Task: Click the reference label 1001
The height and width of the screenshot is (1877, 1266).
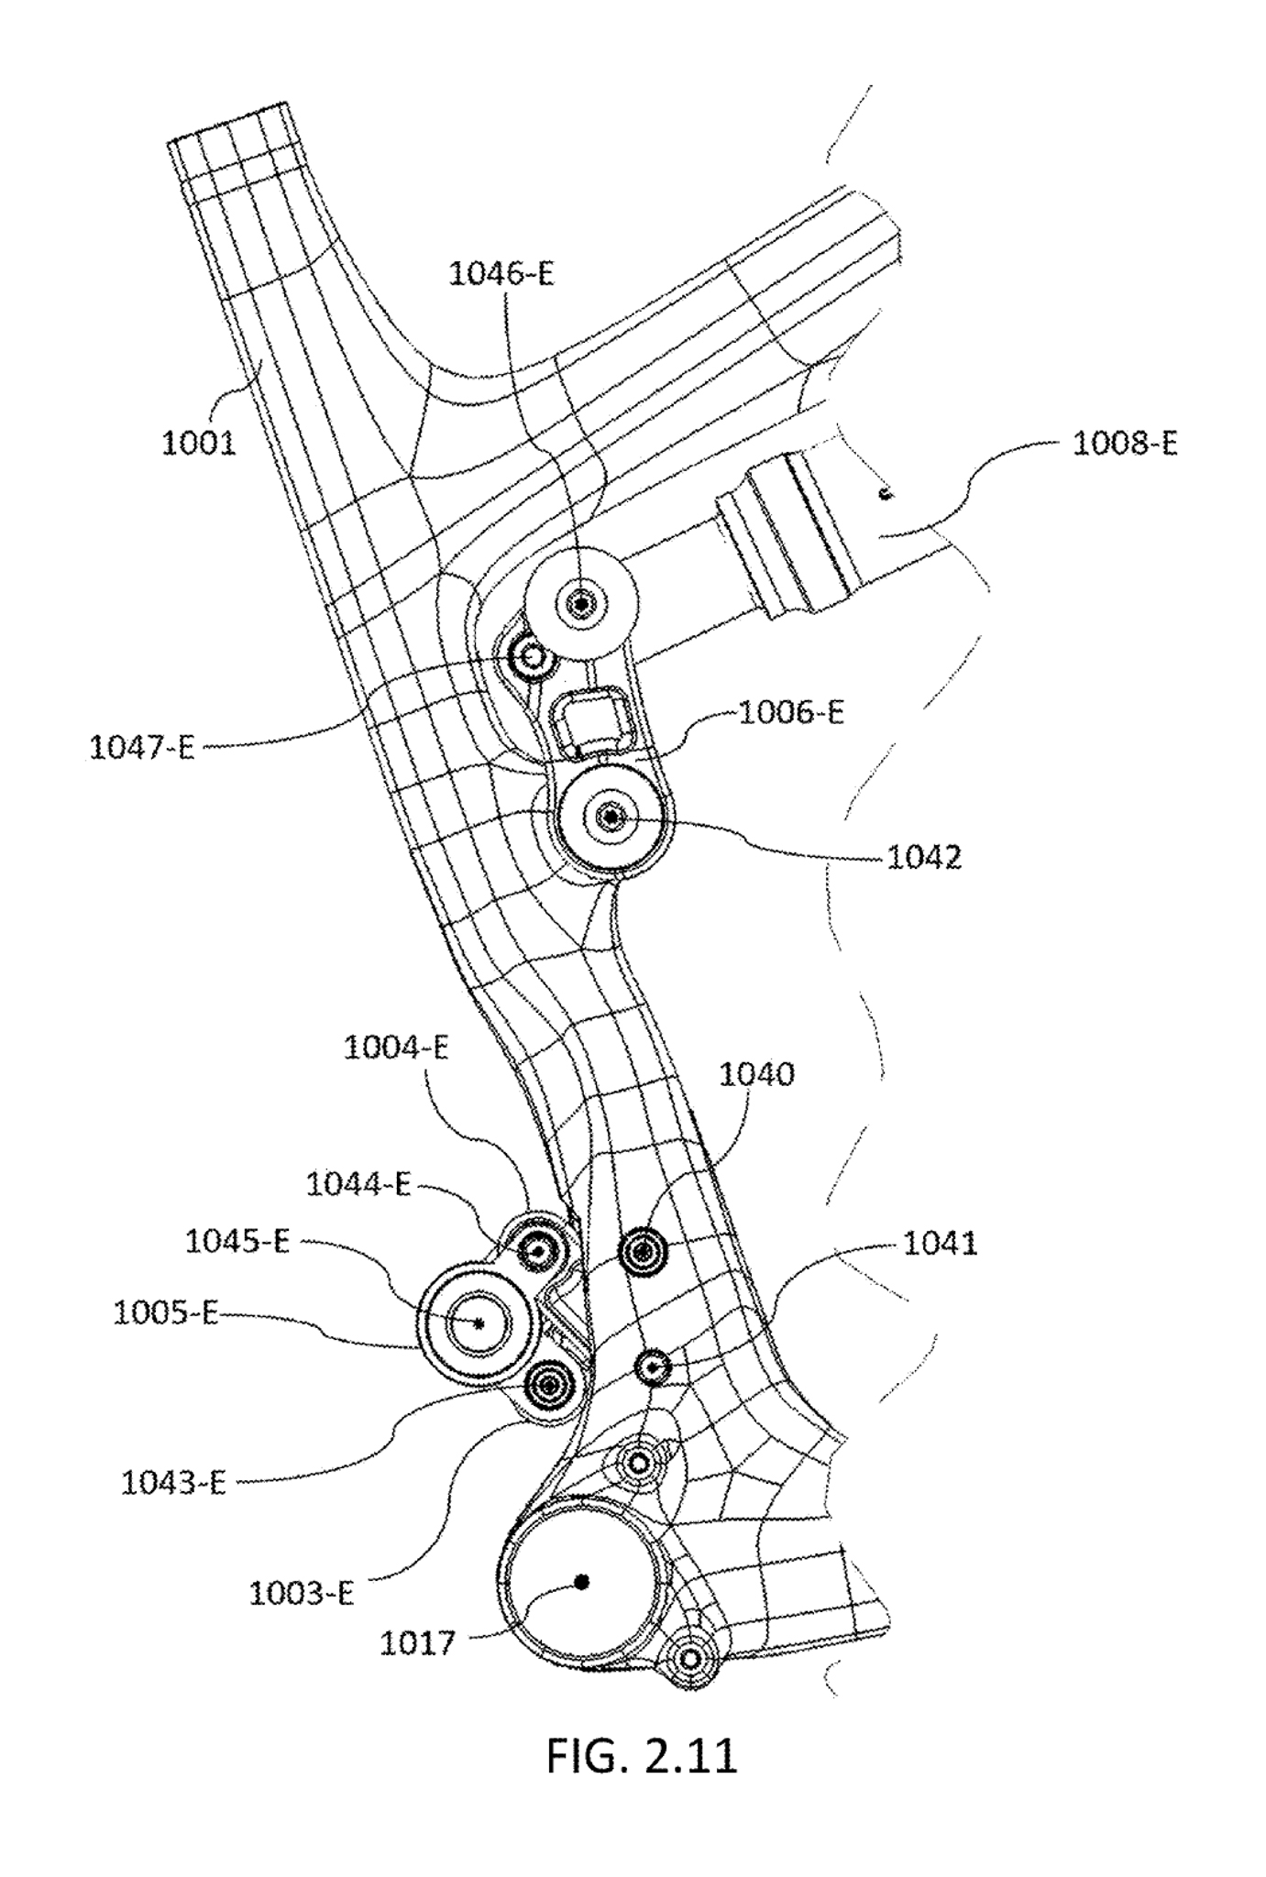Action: (x=199, y=444)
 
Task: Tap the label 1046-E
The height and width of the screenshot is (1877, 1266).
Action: (x=501, y=274)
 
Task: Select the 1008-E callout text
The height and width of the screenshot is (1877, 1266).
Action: (x=1125, y=444)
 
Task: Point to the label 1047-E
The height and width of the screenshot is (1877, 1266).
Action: (x=142, y=748)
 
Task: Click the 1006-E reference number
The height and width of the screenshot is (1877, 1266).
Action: (x=791, y=712)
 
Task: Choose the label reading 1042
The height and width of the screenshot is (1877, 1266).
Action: (x=924, y=858)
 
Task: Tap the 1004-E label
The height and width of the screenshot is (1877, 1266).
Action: (x=396, y=1048)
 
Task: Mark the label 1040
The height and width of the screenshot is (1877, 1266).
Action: (x=756, y=1073)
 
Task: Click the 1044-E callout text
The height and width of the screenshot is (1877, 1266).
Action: (x=358, y=1185)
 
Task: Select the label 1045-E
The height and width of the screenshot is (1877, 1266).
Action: (x=237, y=1242)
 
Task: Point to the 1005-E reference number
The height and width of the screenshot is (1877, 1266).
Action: (x=166, y=1313)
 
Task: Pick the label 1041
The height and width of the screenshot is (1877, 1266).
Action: (x=941, y=1244)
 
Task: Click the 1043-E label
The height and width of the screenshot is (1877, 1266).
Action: (x=173, y=1483)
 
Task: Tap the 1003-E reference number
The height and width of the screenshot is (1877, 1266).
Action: (x=302, y=1594)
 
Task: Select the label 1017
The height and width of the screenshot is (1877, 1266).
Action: (x=418, y=1643)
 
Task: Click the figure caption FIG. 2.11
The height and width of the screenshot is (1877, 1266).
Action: (x=642, y=1757)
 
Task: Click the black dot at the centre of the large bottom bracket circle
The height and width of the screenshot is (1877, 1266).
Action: (x=580, y=1581)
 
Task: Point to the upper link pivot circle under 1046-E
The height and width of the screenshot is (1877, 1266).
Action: (x=581, y=603)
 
